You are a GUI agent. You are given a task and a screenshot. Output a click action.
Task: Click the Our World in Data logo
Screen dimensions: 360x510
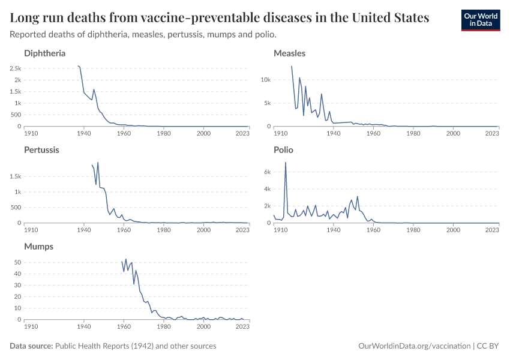click(x=480, y=19)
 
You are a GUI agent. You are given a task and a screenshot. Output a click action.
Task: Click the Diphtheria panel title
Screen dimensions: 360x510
click(x=44, y=53)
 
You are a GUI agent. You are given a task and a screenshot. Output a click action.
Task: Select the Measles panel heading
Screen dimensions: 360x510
click(x=289, y=53)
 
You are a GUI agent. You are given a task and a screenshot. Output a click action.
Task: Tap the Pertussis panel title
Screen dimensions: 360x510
click(x=41, y=150)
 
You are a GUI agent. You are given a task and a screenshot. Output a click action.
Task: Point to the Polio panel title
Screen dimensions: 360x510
click(x=283, y=150)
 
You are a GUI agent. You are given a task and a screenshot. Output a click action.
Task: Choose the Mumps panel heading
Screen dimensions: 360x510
click(x=38, y=247)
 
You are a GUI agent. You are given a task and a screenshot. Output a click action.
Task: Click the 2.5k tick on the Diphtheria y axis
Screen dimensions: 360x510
click(x=15, y=68)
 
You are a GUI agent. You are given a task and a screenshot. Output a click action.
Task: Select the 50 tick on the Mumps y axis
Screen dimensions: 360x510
click(x=17, y=262)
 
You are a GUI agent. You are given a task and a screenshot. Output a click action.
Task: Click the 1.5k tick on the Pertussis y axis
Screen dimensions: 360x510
click(x=15, y=176)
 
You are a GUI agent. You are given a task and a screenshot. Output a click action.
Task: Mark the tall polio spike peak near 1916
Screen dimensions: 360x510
click(x=286, y=163)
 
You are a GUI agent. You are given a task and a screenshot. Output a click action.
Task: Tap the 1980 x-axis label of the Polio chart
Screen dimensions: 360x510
click(x=413, y=229)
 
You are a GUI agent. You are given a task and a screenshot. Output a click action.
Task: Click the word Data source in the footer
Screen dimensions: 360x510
click(x=31, y=346)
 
